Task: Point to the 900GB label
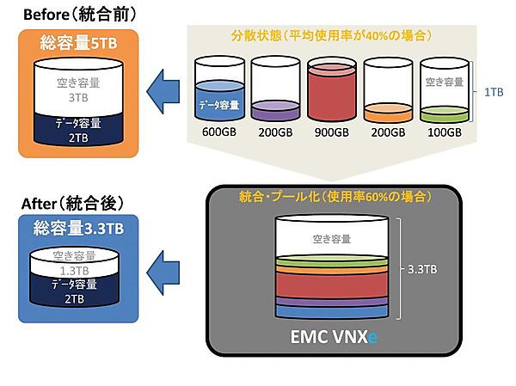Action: (x=332, y=132)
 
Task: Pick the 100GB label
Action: (x=444, y=132)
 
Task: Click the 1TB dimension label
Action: (x=494, y=90)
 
